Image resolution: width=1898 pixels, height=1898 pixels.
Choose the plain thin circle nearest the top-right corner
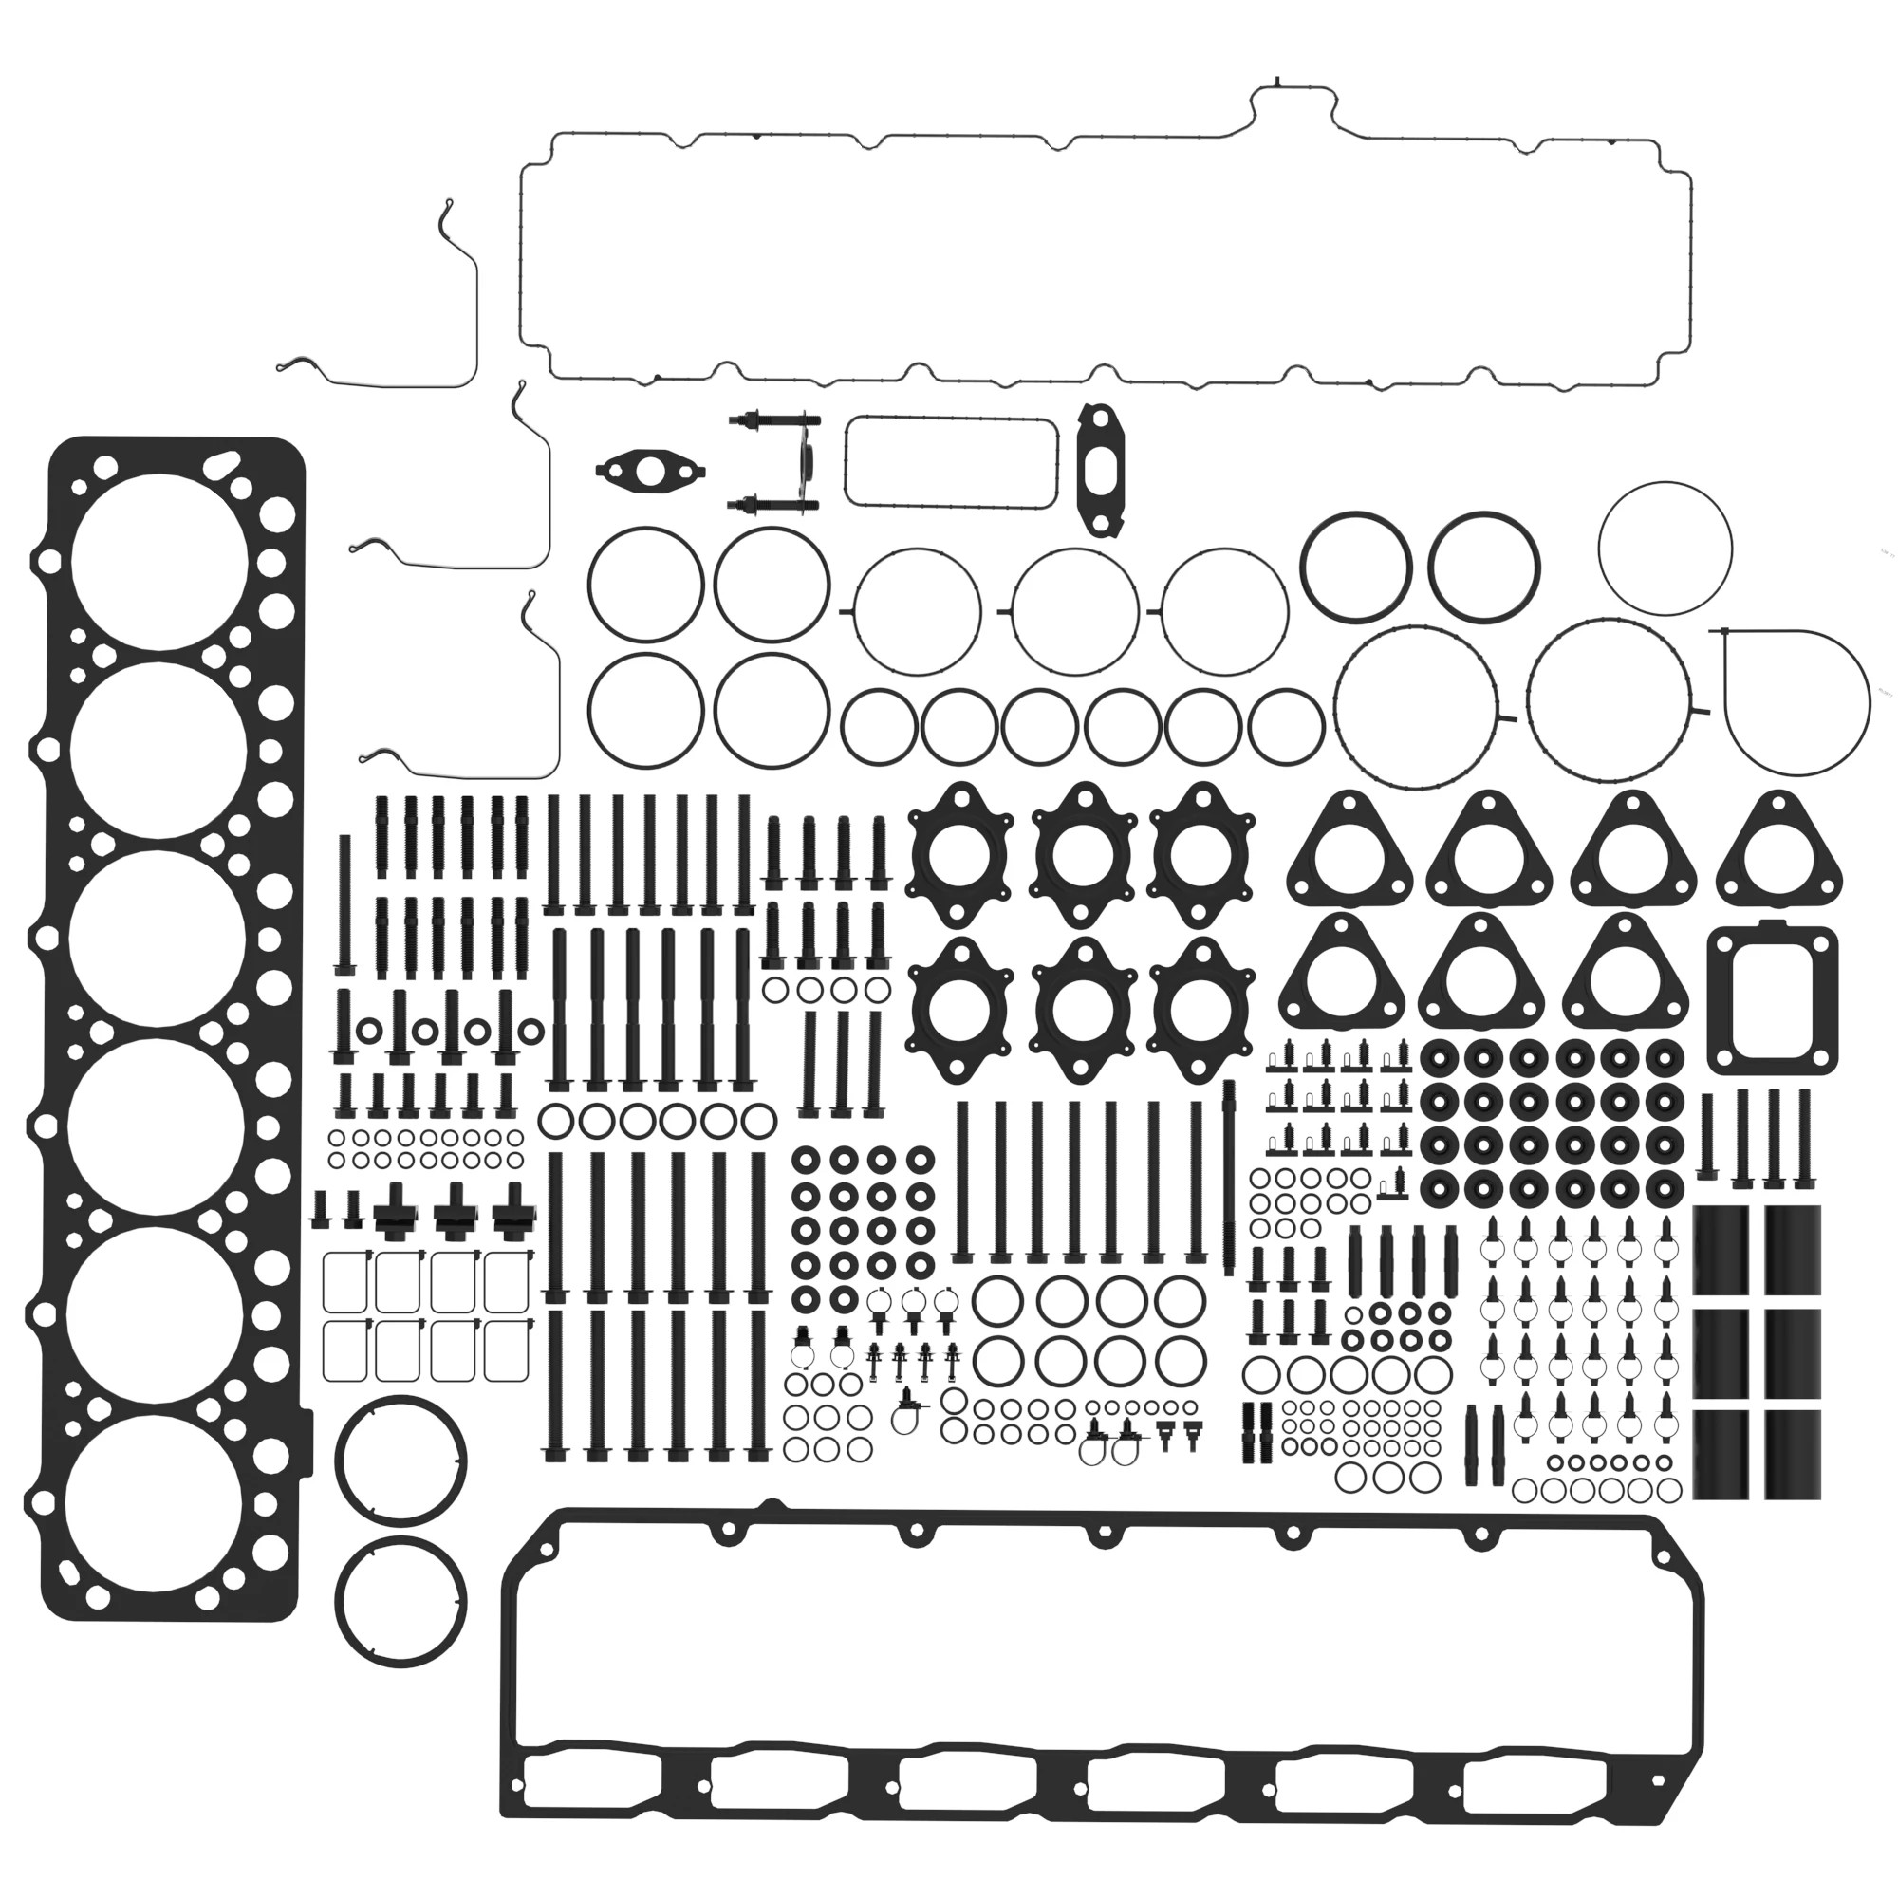click(x=1665, y=548)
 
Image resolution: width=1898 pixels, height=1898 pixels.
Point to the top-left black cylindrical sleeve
click(x=1721, y=1251)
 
